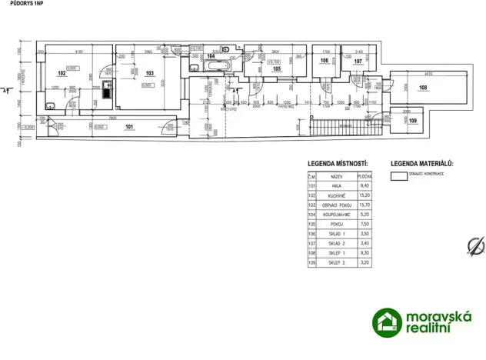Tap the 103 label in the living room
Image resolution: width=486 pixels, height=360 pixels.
(x=150, y=74)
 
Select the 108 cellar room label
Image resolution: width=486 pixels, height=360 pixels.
(x=423, y=88)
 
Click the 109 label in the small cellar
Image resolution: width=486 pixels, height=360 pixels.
(x=413, y=121)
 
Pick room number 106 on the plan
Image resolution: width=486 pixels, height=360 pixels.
(x=325, y=61)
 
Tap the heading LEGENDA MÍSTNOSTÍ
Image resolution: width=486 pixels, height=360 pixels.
(x=338, y=164)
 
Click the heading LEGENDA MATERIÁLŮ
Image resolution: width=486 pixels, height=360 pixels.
(x=422, y=164)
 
